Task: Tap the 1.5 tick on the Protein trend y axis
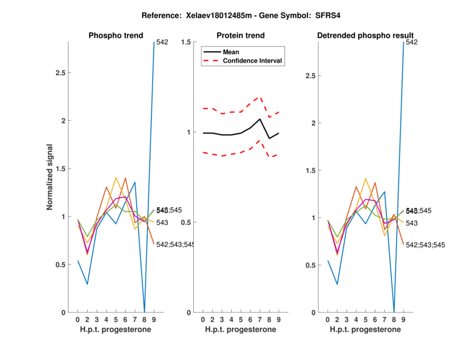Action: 186,42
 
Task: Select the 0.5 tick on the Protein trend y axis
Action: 186,223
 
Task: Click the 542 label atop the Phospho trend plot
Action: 162,42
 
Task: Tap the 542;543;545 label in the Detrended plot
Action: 425,245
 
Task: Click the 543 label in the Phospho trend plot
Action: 162,223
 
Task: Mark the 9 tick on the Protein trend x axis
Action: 278,320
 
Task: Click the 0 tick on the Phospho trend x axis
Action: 77,320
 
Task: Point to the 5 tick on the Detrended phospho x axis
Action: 365,320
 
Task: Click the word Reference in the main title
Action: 172,16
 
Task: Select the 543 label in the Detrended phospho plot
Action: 411,223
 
